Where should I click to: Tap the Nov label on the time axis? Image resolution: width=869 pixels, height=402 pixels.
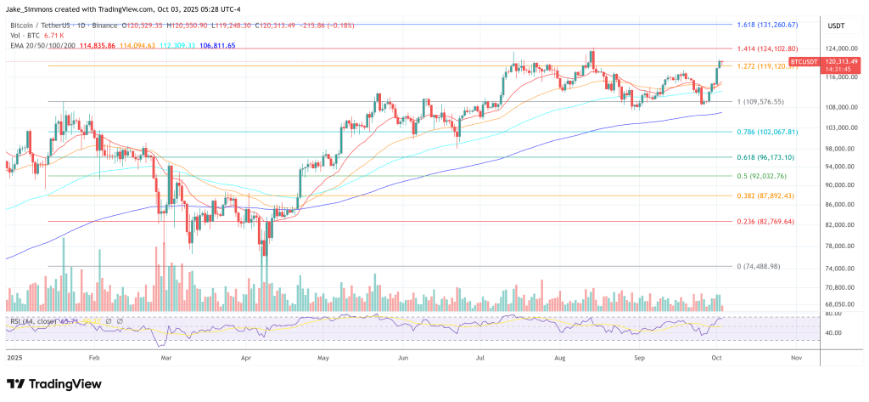[795, 358]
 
